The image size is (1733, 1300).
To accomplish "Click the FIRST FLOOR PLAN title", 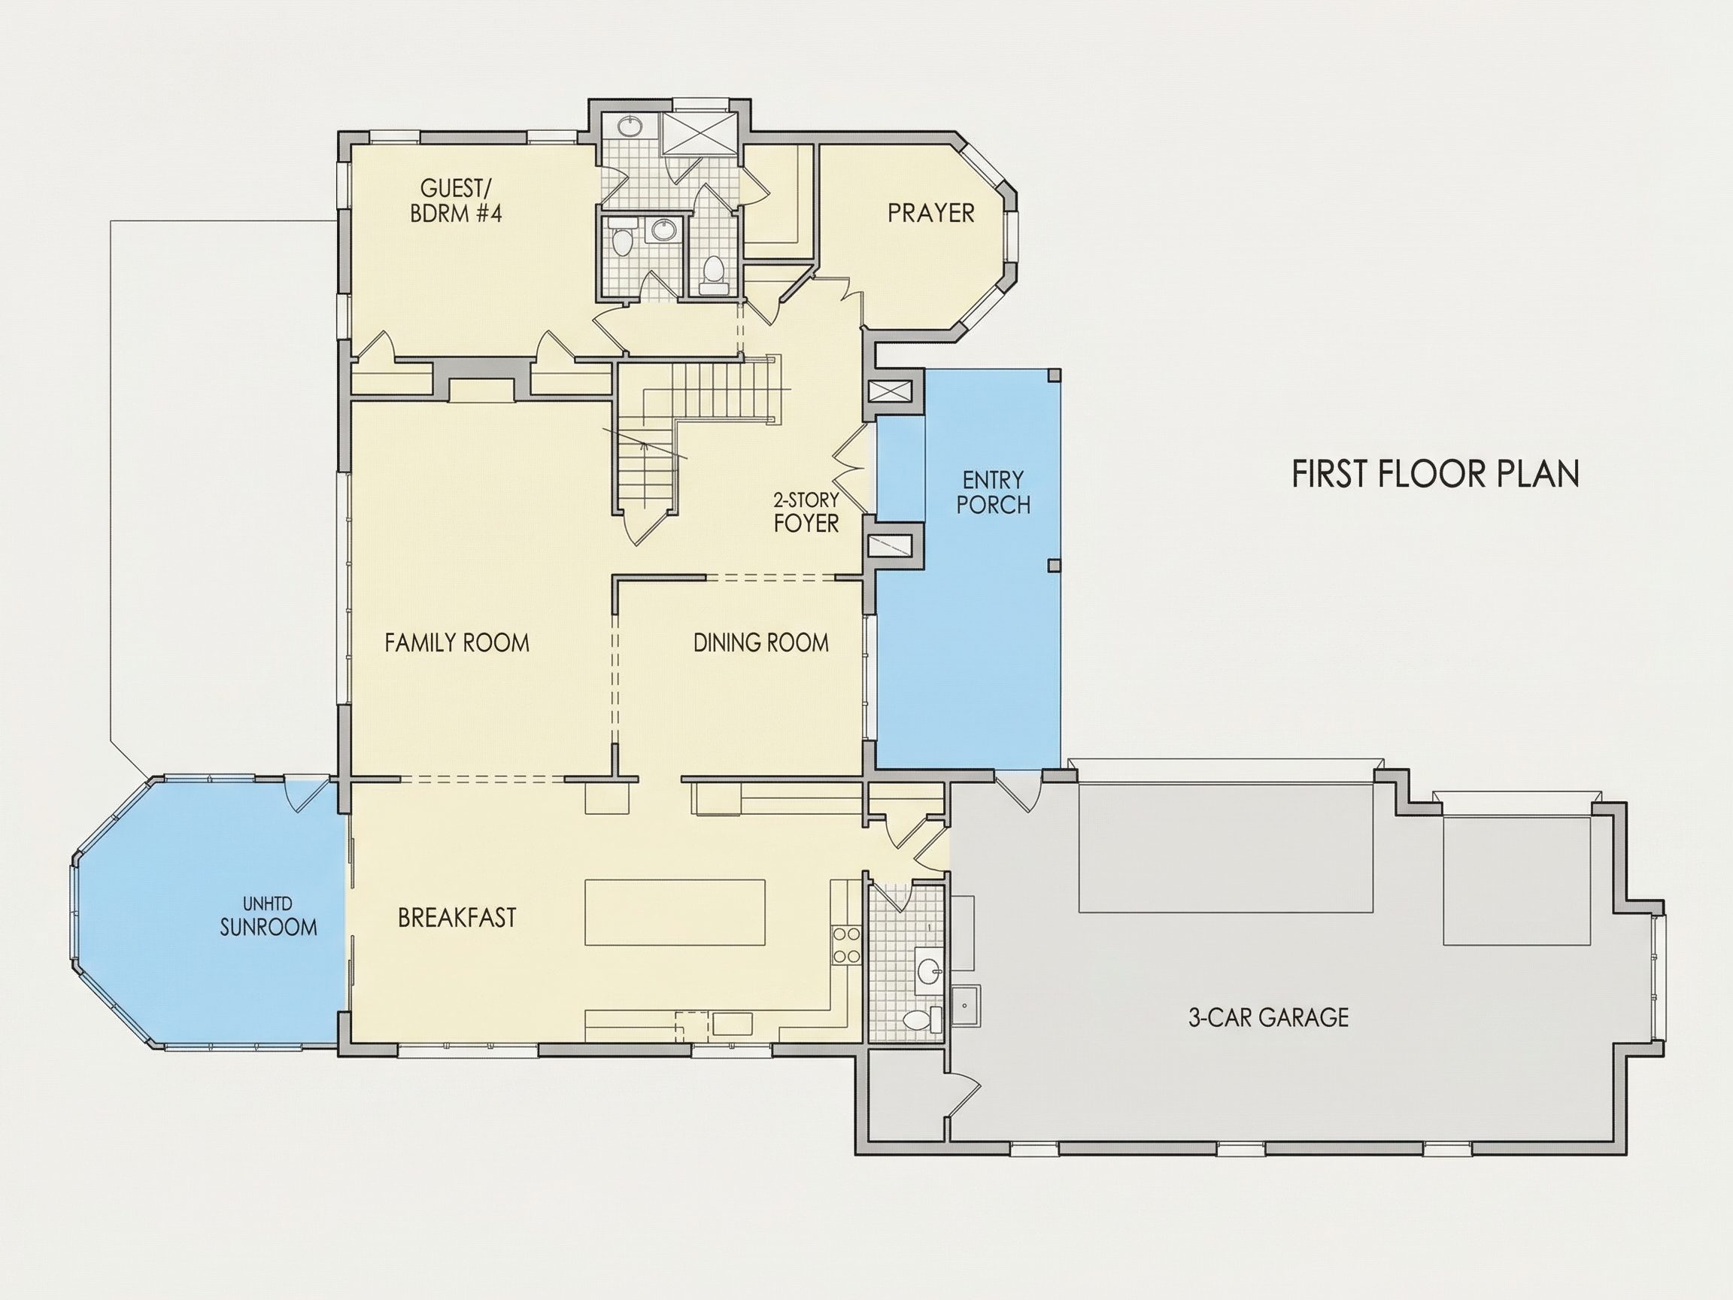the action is pyautogui.click(x=1435, y=474).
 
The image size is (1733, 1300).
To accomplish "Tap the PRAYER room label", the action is pyautogui.click(x=930, y=213).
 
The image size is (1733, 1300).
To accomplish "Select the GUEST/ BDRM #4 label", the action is pyautogui.click(x=455, y=202).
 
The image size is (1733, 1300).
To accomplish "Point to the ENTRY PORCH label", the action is pyautogui.click(x=994, y=492).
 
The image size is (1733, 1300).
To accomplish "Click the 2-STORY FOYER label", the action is pyautogui.click(x=806, y=512).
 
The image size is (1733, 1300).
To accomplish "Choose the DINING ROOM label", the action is pyautogui.click(x=760, y=643).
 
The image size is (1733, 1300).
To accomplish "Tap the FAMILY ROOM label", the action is pyautogui.click(x=457, y=643).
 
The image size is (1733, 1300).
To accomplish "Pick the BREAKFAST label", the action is pyautogui.click(x=457, y=918).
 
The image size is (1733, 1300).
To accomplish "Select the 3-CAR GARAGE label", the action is pyautogui.click(x=1268, y=1018).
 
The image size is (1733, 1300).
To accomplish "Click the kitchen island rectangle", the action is pyautogui.click(x=675, y=912).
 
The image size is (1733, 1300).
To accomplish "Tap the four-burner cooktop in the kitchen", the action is pyautogui.click(x=846, y=945).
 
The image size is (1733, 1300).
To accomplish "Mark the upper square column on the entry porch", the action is pyautogui.click(x=1055, y=375).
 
